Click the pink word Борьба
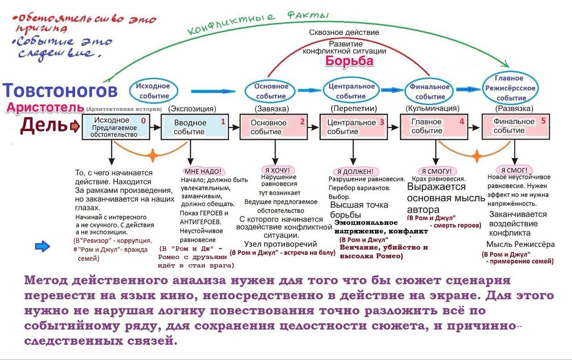tap(349, 62)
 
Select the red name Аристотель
tap(45, 107)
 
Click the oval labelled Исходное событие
tap(153, 90)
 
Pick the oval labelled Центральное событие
tap(352, 91)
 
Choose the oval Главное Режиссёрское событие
tap(509, 88)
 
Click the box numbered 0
tap(114, 127)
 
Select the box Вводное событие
tap(194, 127)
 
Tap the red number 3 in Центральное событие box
tap(381, 122)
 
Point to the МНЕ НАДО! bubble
tap(203, 171)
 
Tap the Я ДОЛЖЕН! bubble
tap(355, 171)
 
